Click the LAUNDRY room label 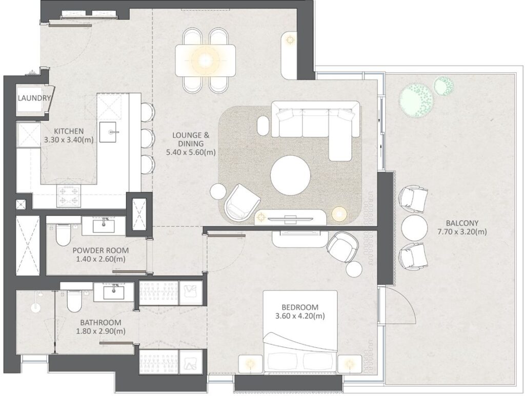(x=34, y=98)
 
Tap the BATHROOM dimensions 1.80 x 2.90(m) (x=100, y=331)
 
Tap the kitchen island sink (x=109, y=132)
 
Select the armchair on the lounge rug (x=241, y=201)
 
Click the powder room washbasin (x=106, y=224)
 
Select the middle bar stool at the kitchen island (x=147, y=137)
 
